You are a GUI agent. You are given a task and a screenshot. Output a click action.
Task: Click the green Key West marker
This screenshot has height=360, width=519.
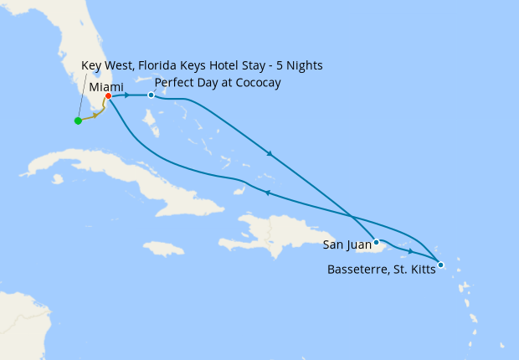coord(78,121)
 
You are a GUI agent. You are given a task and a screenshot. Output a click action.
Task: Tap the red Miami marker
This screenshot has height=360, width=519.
coord(109,95)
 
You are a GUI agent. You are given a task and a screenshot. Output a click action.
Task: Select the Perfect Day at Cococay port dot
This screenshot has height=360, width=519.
coord(151,95)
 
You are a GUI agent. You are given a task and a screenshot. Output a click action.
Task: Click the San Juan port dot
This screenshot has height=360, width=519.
coord(378,244)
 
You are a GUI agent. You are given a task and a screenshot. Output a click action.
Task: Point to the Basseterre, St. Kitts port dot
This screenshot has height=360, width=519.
coord(441,265)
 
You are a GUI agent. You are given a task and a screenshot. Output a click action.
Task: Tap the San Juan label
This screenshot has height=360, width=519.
coord(347,245)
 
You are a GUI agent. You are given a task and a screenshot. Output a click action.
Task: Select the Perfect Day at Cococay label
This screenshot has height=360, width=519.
coord(217,83)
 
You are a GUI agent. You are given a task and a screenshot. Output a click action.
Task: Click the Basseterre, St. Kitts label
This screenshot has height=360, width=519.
coord(382,270)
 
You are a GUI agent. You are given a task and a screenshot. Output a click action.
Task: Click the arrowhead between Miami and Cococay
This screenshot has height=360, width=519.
coord(127,95)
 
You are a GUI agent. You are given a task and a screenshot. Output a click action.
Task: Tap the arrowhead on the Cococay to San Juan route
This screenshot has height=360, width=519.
coord(270,153)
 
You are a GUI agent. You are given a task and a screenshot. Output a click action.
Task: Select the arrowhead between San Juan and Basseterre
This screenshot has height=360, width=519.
coord(410,251)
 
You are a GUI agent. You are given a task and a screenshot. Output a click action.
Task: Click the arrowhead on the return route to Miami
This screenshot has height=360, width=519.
coord(266,193)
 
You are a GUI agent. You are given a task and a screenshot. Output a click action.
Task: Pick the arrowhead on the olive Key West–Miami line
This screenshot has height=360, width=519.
coord(95,116)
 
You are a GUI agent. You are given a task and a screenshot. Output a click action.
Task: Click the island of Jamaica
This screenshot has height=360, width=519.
coord(162,249)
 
